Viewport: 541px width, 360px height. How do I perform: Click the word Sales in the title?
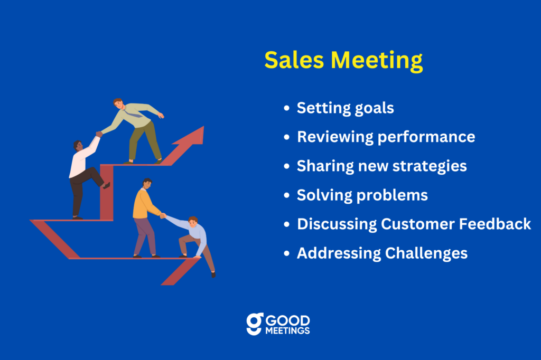(x=294, y=60)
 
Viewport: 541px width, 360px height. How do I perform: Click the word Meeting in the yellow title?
(x=377, y=61)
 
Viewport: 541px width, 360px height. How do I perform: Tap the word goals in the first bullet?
(x=375, y=109)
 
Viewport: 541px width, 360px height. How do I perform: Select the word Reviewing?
(x=335, y=137)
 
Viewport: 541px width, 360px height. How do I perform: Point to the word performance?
(x=426, y=138)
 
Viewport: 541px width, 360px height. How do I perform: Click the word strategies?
(x=430, y=167)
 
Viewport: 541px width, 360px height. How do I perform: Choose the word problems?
(x=392, y=196)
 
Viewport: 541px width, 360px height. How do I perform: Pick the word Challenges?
(x=426, y=253)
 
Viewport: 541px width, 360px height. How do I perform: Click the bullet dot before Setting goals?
(x=286, y=108)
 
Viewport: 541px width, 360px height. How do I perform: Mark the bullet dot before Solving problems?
(x=286, y=195)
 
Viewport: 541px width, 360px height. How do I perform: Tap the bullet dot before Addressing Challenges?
(x=286, y=253)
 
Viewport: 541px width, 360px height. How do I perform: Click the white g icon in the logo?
(x=255, y=324)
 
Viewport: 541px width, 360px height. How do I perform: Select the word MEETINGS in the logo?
(x=287, y=330)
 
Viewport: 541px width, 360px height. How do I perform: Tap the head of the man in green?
(x=118, y=103)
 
